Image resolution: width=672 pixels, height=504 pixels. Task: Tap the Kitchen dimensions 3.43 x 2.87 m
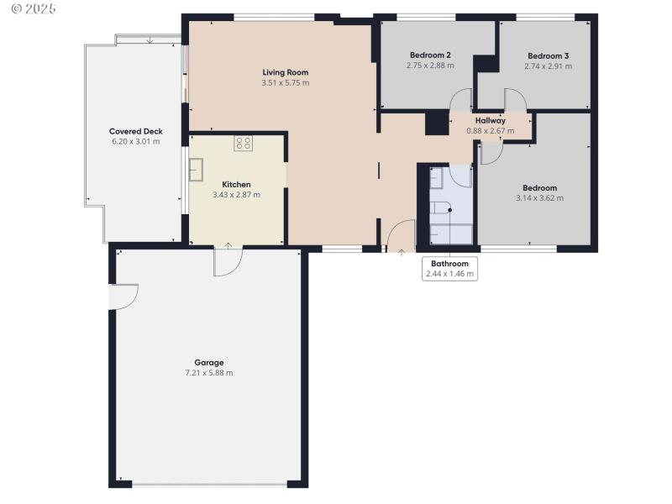[x=236, y=195]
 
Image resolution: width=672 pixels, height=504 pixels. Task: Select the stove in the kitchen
[x=243, y=144]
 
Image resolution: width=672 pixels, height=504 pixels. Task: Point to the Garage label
[x=209, y=363]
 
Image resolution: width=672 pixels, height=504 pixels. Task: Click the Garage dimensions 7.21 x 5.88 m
[x=209, y=373]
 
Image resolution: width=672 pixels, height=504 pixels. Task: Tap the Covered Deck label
[x=136, y=132]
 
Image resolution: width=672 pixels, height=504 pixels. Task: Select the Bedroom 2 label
[x=430, y=55]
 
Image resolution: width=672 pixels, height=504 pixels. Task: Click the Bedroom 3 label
[x=548, y=55]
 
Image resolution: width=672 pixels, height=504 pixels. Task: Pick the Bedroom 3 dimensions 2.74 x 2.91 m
[x=548, y=66]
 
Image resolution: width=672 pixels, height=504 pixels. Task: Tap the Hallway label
[x=490, y=120]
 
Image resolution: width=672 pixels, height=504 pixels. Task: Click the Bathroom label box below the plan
[x=449, y=268]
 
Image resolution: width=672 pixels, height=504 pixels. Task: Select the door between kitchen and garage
[x=228, y=260]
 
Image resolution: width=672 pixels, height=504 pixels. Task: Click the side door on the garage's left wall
[x=123, y=297]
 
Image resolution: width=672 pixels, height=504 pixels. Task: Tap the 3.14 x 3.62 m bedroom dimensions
[x=539, y=198]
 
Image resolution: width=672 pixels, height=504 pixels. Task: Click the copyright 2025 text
[x=34, y=8]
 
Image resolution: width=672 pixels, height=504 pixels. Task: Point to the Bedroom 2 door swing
[x=460, y=99]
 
